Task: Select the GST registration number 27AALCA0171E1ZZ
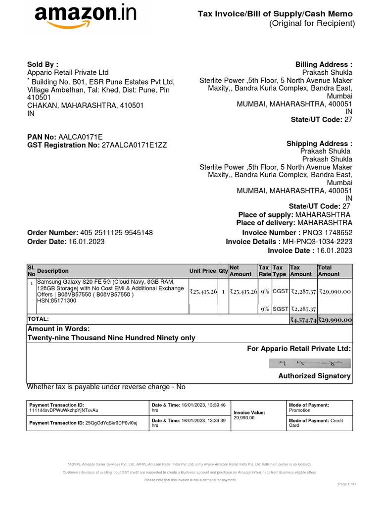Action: point(134,145)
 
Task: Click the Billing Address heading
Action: point(324,64)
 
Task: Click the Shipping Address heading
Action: point(319,144)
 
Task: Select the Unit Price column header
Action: point(202,271)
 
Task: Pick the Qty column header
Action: point(223,271)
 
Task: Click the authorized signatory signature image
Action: point(311,363)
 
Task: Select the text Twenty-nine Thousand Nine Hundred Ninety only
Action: point(111,338)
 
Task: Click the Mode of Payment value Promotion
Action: point(299,410)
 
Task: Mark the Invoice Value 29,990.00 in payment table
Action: point(244,418)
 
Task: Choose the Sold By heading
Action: point(43,64)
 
